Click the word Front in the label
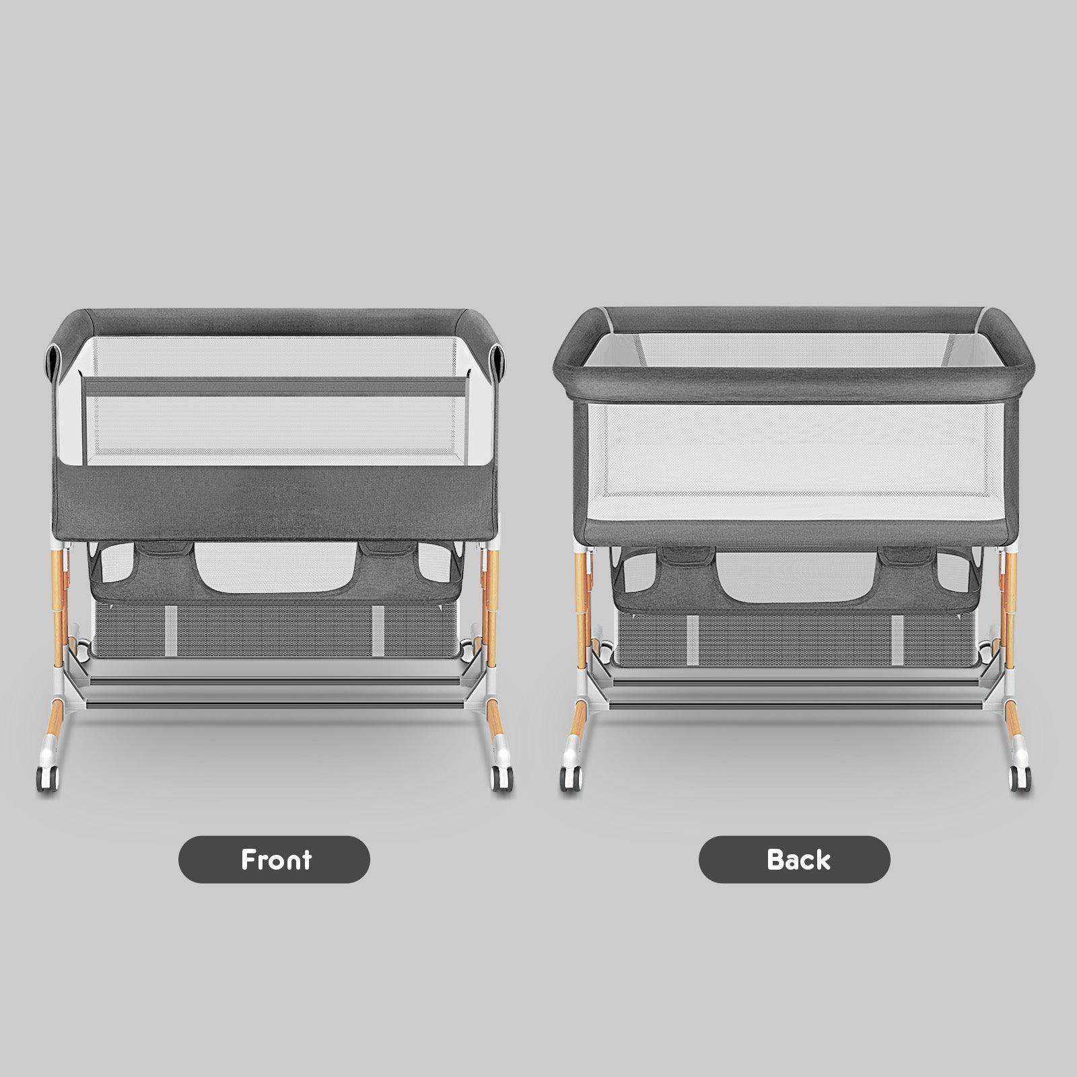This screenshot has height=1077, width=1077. (276, 860)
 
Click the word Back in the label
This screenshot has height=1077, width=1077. (798, 860)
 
